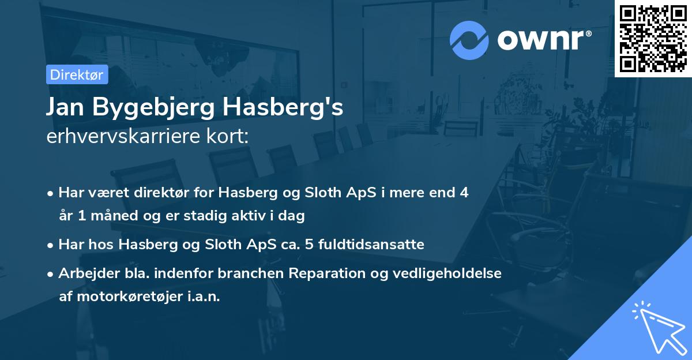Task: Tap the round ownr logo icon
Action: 469,40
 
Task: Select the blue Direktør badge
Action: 76,74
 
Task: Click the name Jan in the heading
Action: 65,108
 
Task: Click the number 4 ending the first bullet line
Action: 463,193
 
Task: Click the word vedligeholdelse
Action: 458,273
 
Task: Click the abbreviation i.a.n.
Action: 204,297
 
